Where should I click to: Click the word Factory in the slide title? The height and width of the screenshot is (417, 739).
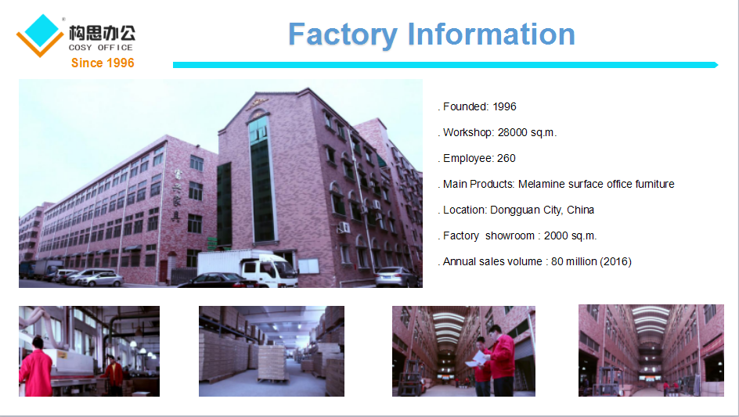tap(343, 35)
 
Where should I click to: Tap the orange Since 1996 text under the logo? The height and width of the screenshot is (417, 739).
tap(103, 63)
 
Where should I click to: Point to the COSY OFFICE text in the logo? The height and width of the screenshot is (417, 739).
tap(101, 48)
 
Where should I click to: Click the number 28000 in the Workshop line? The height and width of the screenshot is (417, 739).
tap(512, 132)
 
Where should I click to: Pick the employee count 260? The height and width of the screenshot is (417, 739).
tap(506, 158)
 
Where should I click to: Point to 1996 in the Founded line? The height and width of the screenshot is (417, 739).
tap(504, 106)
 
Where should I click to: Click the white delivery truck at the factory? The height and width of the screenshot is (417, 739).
tap(248, 268)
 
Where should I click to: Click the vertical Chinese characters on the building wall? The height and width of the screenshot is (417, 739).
tap(176, 196)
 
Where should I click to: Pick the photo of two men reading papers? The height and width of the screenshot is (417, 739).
tap(463, 351)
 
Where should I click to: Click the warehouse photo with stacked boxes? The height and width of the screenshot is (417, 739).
tap(272, 351)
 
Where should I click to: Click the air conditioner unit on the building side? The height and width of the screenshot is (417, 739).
tap(344, 228)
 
